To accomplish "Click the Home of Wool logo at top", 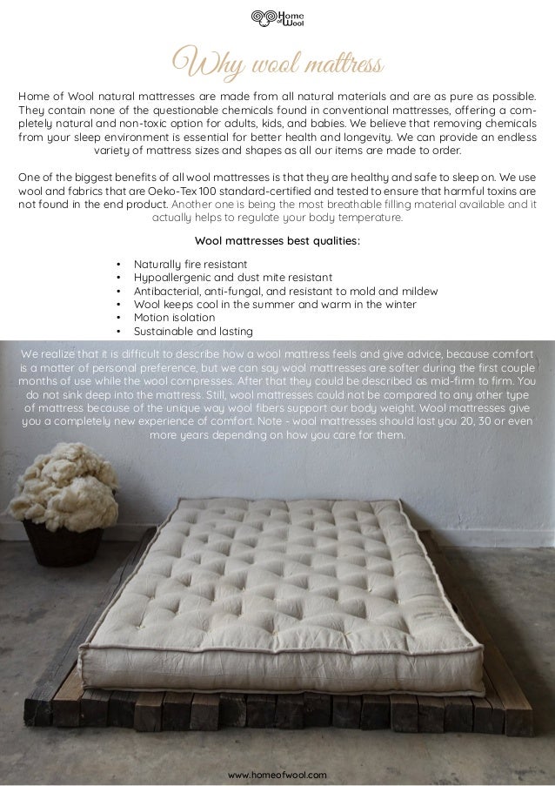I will pos(277,19).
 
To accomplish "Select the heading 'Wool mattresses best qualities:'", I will pos(277,241).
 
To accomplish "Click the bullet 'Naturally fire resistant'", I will pos(190,264).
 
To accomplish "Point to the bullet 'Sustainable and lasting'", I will pos(192,331).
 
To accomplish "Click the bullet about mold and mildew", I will pos(285,291).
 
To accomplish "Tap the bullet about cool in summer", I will pos(274,304).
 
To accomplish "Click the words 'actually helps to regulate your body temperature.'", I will pos(277,218).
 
